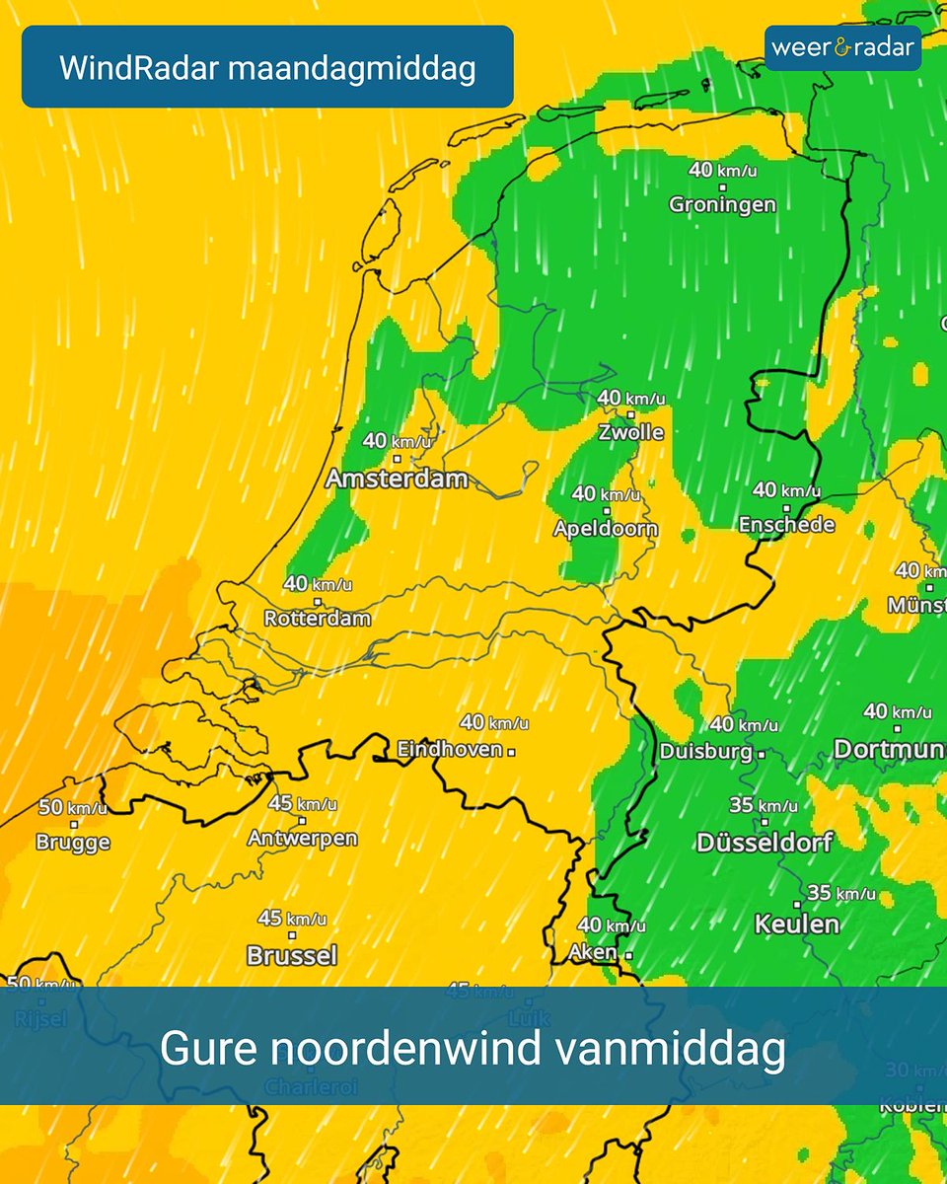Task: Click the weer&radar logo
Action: click(x=842, y=47)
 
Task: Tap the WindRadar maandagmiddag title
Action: click(x=267, y=68)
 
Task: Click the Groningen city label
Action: click(x=722, y=205)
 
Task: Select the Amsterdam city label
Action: click(x=397, y=480)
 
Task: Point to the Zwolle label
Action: click(x=630, y=433)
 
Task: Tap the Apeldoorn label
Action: click(x=605, y=529)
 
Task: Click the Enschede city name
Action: click(x=787, y=525)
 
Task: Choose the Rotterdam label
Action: click(x=318, y=620)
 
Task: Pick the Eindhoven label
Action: click(x=450, y=750)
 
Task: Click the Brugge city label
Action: click(x=73, y=843)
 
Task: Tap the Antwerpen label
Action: click(x=302, y=839)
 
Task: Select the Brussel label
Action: click(x=292, y=955)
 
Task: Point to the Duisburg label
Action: click(x=706, y=752)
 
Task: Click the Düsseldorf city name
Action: click(x=765, y=843)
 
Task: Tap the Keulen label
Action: click(x=797, y=925)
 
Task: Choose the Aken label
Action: click(x=593, y=953)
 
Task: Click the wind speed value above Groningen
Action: click(x=722, y=170)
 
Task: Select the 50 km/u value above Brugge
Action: click(x=73, y=808)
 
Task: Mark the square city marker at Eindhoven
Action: click(x=512, y=751)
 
